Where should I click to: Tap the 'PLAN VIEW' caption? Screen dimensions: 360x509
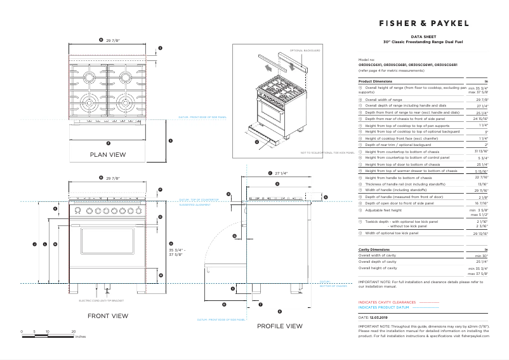click(107, 154)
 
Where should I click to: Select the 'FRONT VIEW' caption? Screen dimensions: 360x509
click(107, 316)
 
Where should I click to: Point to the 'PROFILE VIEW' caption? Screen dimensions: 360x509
click(279, 326)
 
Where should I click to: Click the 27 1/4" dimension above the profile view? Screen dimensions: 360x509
click(279, 173)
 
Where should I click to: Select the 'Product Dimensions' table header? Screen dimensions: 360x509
click(375, 82)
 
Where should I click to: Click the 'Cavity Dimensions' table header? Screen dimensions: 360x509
click(374, 250)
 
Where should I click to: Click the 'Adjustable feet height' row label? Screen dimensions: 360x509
click(383, 210)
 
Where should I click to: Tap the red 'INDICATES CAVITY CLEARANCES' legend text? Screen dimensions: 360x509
click(387, 302)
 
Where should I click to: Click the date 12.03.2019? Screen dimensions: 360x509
click(378, 316)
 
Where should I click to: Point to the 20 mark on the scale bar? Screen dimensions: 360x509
click(74, 331)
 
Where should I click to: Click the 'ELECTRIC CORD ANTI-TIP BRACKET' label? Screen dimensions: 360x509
click(100, 300)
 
